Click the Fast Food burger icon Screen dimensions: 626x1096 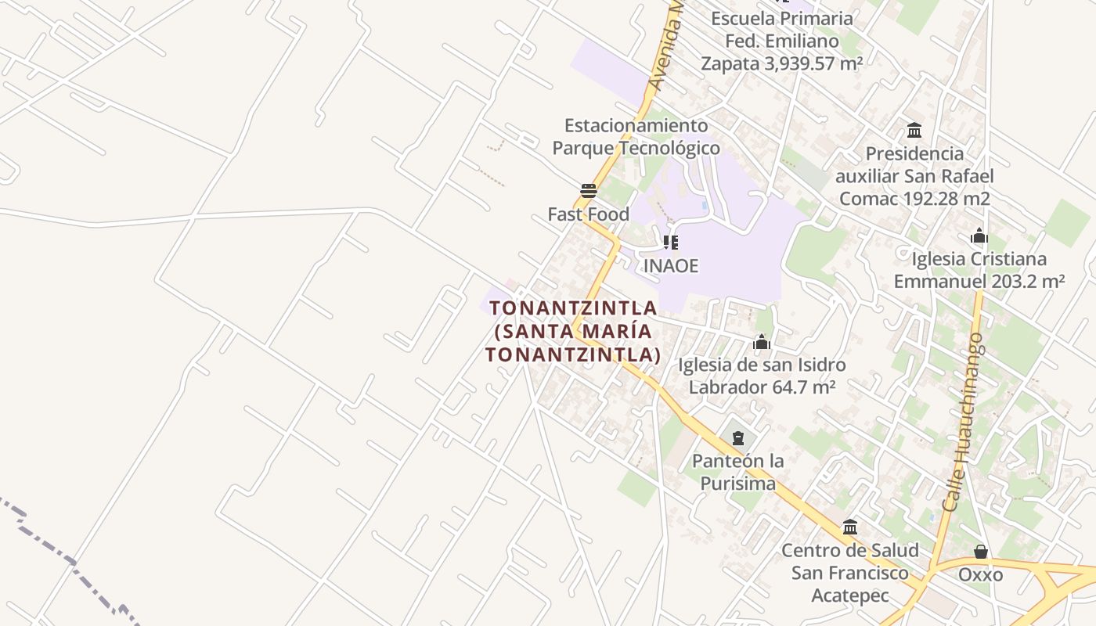[x=589, y=190]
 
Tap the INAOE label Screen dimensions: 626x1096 [x=670, y=265]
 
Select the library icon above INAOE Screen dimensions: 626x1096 [x=670, y=243]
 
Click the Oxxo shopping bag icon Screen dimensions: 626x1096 [x=980, y=552]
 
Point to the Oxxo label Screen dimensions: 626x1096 [x=980, y=575]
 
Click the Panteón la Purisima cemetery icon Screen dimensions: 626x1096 [x=737, y=437]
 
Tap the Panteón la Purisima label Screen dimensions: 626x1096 [x=737, y=472]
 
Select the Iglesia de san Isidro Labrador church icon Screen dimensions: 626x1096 [x=762, y=342]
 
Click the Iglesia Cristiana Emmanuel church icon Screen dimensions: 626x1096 [x=979, y=236]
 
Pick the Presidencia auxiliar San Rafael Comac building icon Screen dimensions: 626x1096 [x=914, y=130]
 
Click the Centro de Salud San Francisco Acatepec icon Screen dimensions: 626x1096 [x=850, y=527]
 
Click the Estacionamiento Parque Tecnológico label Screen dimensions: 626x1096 [x=636, y=136]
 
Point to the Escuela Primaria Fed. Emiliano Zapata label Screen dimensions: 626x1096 [x=781, y=41]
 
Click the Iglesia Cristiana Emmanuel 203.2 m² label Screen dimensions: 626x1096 [x=979, y=270]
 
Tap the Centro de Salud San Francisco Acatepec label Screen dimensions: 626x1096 [x=850, y=573]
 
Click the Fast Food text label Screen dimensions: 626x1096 [x=588, y=214]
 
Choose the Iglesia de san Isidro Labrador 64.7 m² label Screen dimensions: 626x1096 [x=762, y=376]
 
